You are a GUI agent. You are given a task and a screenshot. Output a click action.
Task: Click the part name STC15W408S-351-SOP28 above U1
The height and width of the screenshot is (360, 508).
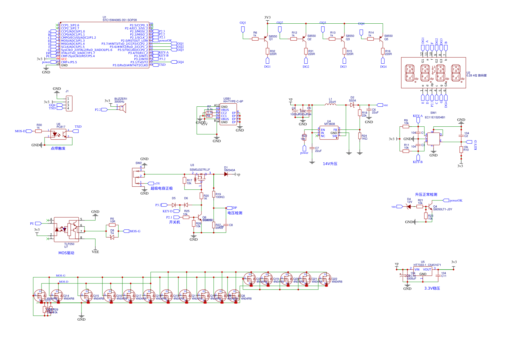click(120, 20)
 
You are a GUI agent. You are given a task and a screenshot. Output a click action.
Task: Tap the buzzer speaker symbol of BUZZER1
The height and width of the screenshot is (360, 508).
click(123, 108)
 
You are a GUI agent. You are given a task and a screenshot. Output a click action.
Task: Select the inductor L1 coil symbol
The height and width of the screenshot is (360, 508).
click(331, 105)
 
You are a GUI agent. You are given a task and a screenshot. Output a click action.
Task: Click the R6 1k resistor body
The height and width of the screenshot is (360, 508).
click(255, 39)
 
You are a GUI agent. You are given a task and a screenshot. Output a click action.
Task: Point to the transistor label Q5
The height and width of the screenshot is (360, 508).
click(386, 39)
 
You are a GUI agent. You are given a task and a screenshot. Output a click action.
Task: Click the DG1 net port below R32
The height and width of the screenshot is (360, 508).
click(267, 61)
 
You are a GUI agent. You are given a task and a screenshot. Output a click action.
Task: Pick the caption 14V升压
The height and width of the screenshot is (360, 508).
click(330, 164)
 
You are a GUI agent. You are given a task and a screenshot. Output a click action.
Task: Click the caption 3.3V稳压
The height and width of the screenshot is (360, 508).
click(432, 288)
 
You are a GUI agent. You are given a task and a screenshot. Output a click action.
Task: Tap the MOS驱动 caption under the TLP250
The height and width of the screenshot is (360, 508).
click(66, 253)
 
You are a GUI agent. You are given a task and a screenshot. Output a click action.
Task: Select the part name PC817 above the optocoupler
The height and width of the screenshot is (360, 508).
click(61, 127)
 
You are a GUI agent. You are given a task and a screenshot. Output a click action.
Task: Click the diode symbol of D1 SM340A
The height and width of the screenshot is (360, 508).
click(226, 174)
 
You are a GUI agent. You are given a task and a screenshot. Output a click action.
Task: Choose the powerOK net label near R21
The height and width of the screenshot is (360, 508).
click(456, 200)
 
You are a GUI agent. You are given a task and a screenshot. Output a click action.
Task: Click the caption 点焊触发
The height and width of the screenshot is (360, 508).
click(58, 148)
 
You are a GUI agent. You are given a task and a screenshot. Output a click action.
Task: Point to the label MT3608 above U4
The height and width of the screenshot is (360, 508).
click(329, 124)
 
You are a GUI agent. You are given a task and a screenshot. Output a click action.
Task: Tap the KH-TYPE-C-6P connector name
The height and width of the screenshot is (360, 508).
click(233, 101)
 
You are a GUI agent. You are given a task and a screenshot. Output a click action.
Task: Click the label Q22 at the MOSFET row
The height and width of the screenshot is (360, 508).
click(335, 279)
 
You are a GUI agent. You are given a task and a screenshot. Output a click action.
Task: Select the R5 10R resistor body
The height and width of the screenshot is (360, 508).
click(112, 225)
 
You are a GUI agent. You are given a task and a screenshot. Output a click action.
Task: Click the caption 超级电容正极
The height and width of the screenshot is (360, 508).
click(161, 188)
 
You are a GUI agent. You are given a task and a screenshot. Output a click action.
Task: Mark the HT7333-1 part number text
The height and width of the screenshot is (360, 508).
click(420, 265)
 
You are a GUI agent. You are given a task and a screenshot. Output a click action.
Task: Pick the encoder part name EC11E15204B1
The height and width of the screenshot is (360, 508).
click(435, 117)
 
